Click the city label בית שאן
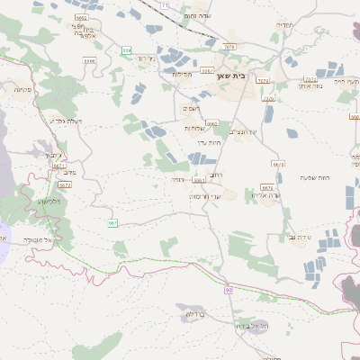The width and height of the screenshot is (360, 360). (232, 76)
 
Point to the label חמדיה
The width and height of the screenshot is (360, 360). (284, 25)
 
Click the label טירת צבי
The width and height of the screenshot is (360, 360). (300, 236)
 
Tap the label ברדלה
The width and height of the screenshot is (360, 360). (196, 315)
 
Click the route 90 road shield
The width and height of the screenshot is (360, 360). (229, 290)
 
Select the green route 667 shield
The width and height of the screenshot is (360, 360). (112, 222)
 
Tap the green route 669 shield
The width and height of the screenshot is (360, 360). (126, 50)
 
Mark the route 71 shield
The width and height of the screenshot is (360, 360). (164, 5)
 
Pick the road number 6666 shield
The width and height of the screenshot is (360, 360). (88, 61)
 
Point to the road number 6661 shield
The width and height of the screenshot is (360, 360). (197, 180)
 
